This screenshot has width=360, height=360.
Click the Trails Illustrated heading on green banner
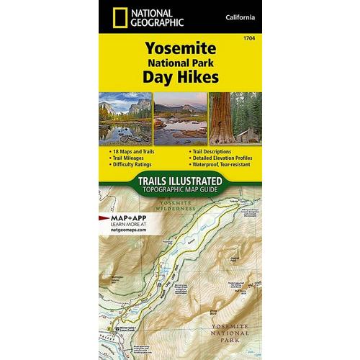pos(179,183)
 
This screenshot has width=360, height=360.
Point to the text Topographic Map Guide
pos(179,192)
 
